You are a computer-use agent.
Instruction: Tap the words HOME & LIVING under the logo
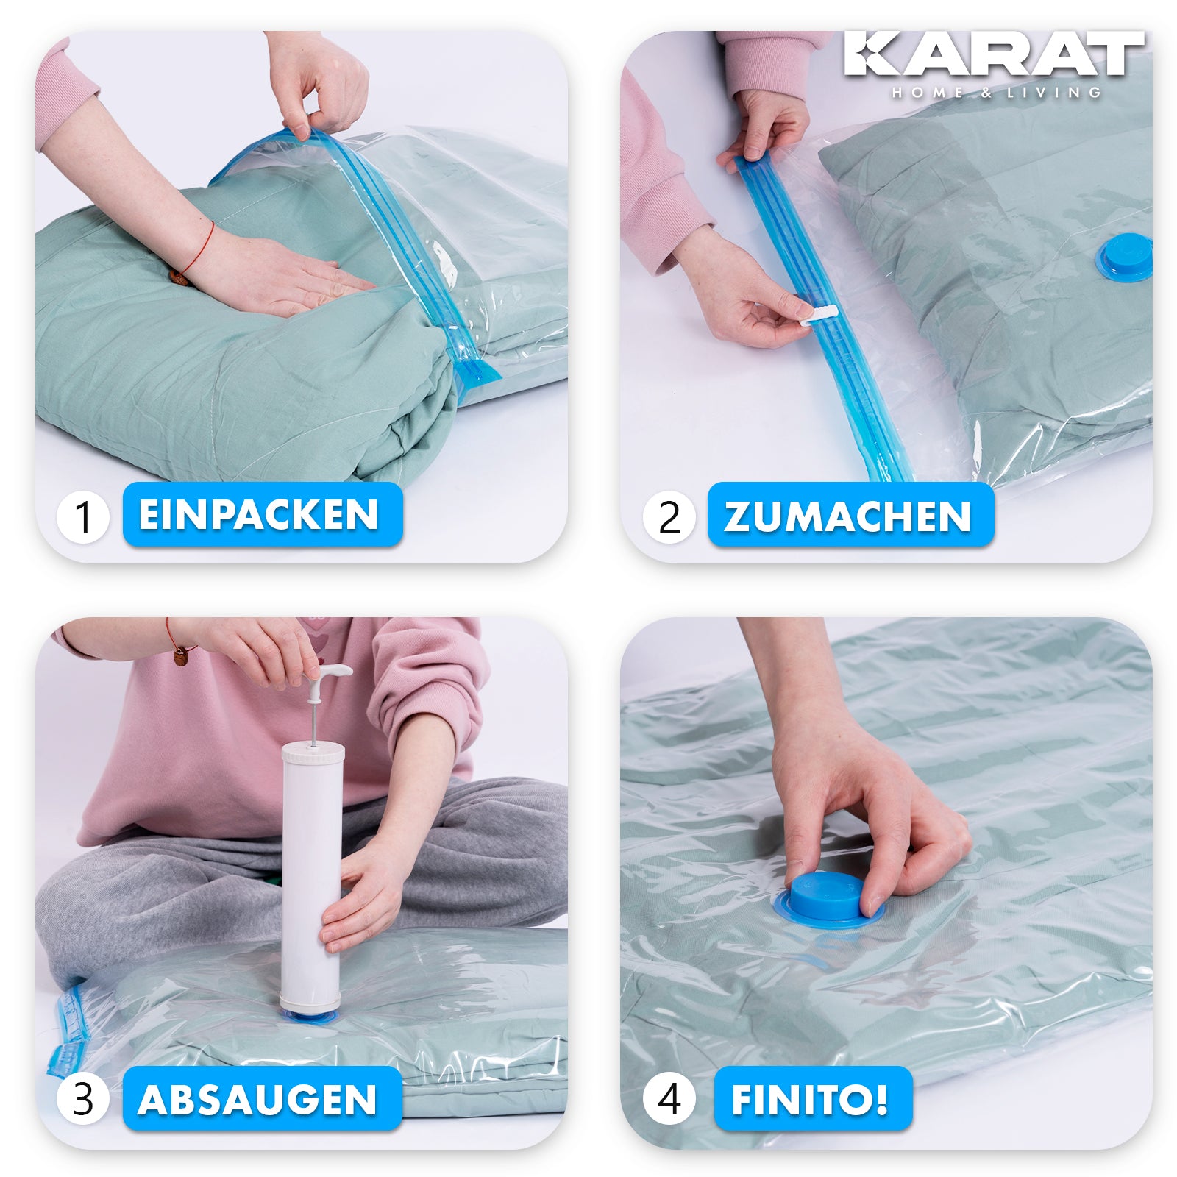[x=997, y=93]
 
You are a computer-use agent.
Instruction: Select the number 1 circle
[x=83, y=517]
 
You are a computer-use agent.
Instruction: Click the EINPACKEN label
[x=263, y=514]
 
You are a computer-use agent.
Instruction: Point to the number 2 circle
[x=669, y=517]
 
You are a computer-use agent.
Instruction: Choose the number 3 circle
[x=83, y=1100]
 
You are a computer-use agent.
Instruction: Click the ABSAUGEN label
[x=262, y=1098]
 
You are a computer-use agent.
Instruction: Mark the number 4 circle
[x=669, y=1100]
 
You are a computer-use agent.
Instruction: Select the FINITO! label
[x=813, y=1098]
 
